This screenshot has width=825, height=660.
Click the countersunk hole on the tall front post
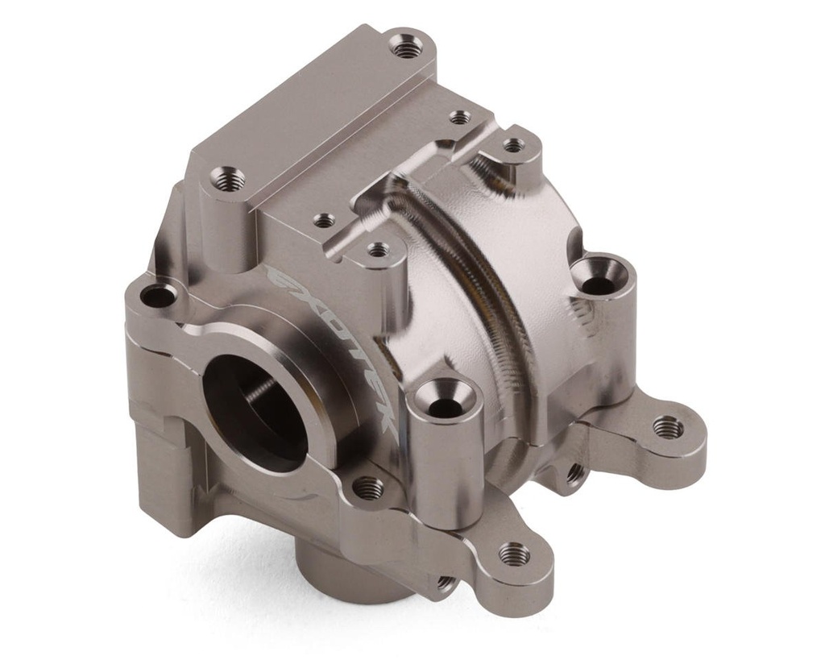[x=446, y=403]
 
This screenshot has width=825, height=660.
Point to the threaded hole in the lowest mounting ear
[x=513, y=554]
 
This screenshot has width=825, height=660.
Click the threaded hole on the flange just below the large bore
[x=368, y=486]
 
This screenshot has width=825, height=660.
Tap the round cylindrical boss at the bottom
[x=346, y=572]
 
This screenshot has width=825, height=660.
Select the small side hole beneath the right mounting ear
[x=574, y=474]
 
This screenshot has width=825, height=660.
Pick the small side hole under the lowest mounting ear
[x=445, y=582]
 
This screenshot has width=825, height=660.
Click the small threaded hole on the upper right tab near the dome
[x=513, y=145]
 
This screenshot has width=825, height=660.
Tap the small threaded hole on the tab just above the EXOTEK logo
[x=378, y=250]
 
